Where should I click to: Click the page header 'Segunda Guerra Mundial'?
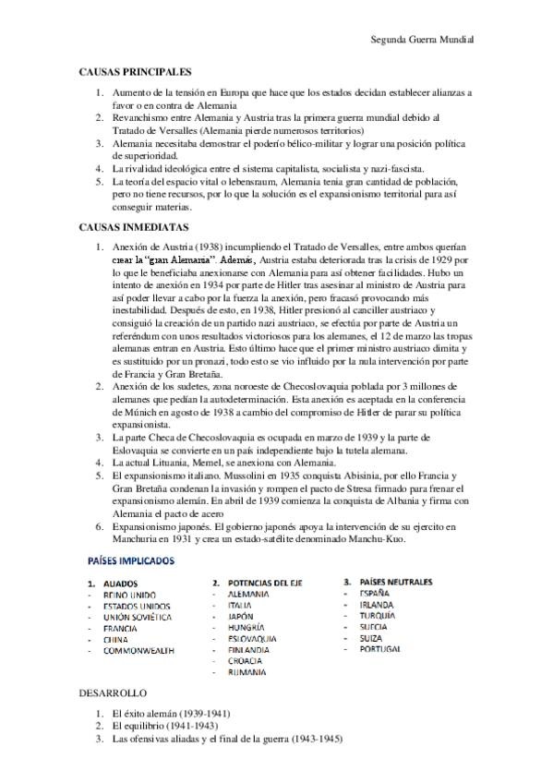(421, 41)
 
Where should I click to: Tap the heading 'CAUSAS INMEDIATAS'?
(134, 225)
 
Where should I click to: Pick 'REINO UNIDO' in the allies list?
(130, 596)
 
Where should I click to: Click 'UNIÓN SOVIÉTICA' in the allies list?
(138, 617)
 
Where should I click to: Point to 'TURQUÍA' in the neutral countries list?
(378, 615)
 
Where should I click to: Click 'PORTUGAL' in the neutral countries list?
(380, 649)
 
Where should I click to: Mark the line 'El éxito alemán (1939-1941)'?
(170, 714)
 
